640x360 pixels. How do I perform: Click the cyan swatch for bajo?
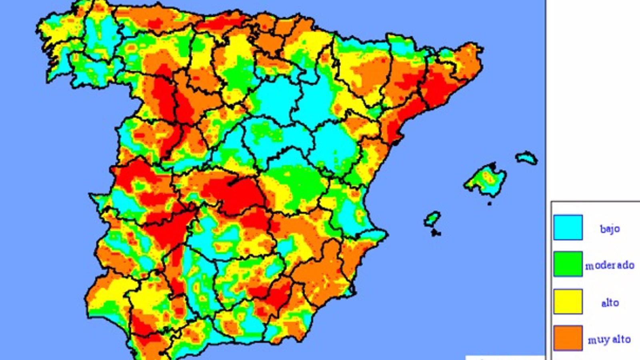pyautogui.click(x=568, y=227)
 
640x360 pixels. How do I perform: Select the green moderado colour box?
pyautogui.click(x=568, y=264)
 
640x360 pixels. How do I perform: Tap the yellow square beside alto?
pyautogui.click(x=568, y=302)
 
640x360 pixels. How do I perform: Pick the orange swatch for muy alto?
pyautogui.click(x=568, y=338)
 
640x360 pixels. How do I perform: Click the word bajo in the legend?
pyautogui.click(x=610, y=229)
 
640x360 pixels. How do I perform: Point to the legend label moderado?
pyautogui.click(x=610, y=265)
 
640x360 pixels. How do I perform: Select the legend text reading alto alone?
pyautogui.click(x=610, y=303)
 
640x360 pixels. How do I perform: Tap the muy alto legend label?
pyautogui.click(x=609, y=340)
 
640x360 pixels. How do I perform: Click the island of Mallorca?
pyautogui.click(x=485, y=180)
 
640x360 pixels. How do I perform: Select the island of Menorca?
pyautogui.click(x=526, y=157)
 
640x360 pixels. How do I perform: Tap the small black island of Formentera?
pyautogui.click(x=436, y=232)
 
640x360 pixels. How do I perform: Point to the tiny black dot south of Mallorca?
pyautogui.click(x=489, y=204)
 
